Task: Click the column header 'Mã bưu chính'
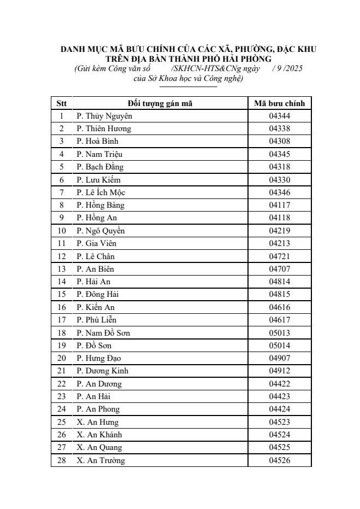(279, 103)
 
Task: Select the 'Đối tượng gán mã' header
(160, 103)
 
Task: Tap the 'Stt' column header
(61, 103)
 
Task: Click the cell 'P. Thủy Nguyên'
(104, 116)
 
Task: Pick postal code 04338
(279, 128)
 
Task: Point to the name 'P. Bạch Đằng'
(100, 167)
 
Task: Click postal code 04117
(279, 205)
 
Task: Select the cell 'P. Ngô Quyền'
(101, 231)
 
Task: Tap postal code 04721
(279, 256)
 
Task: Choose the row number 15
(62, 295)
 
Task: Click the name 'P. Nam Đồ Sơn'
(103, 333)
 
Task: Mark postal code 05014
(279, 346)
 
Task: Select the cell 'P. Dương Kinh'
(103, 371)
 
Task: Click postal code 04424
(279, 409)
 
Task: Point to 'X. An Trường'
(101, 460)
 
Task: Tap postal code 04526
(279, 460)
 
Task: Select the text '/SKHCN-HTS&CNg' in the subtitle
(202, 68)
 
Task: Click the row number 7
(62, 192)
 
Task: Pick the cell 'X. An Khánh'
(99, 435)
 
